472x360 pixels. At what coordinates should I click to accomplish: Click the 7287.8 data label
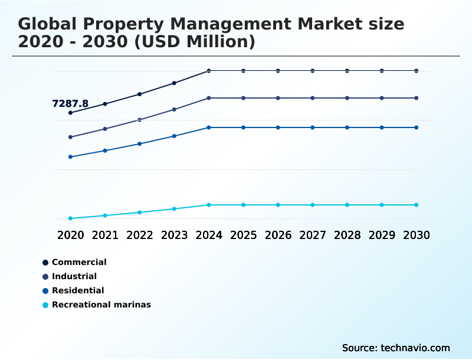70,104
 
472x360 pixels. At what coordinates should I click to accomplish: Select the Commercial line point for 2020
70,113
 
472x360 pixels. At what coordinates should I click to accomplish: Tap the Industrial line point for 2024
209,98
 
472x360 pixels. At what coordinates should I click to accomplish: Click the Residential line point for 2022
140,144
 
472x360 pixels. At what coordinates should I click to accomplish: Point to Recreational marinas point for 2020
70,218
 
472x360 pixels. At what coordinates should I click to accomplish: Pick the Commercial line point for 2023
174,83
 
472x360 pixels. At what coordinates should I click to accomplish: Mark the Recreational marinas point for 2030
417,205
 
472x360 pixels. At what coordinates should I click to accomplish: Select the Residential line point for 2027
313,127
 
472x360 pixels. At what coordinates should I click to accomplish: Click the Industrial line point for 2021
105,129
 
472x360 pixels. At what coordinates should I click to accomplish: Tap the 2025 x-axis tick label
243,235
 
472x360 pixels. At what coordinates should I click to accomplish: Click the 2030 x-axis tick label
417,235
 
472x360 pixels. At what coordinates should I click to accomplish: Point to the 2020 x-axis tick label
70,235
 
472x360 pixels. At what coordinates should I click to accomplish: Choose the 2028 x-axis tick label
347,235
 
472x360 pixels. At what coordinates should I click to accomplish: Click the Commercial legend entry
79,262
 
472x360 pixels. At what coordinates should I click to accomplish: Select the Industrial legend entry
74,276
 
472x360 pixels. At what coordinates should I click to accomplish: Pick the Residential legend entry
78,290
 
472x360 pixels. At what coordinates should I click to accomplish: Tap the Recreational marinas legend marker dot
45,305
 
